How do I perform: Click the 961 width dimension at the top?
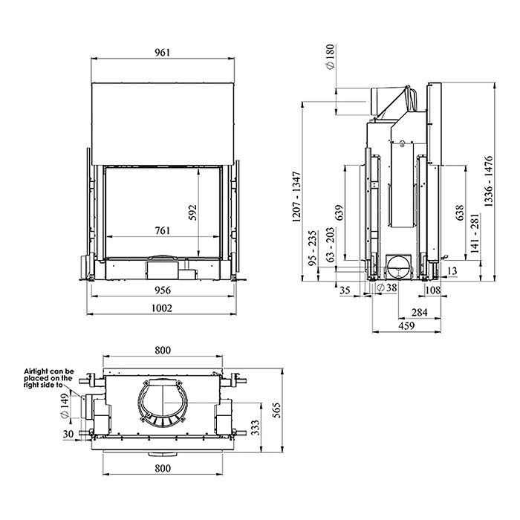163,52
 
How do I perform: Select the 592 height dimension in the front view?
192,212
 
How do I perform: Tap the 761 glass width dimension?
163,230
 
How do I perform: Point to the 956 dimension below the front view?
163,290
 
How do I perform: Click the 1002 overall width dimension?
163,308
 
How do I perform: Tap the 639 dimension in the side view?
340,215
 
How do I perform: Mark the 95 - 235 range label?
313,247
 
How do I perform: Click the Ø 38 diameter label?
387,287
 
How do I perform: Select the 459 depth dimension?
406,325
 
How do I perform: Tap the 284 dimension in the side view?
419,312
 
